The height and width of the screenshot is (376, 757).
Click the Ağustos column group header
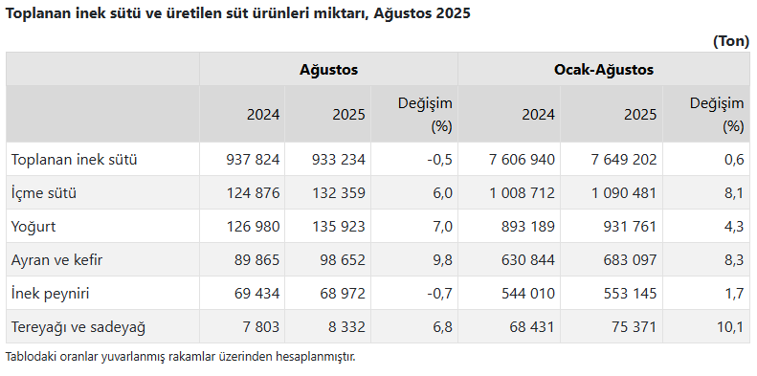coord(329,70)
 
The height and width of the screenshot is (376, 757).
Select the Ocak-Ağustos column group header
coord(604,70)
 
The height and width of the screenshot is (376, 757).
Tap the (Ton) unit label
coord(731,41)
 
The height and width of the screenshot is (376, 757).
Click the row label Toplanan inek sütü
coord(75,159)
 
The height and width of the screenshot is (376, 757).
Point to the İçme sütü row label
coord(44,193)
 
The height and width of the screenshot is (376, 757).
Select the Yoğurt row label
coord(33,227)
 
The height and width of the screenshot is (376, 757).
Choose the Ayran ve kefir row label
coord(57,260)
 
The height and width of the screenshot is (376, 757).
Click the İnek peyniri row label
coord(50,294)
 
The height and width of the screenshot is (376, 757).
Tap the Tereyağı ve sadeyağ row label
coord(78,327)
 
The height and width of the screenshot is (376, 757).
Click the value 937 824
coord(253,159)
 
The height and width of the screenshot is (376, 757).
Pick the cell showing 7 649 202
coord(623,159)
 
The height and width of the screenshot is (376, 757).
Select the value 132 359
coord(339,193)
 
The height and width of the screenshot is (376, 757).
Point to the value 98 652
coord(343,260)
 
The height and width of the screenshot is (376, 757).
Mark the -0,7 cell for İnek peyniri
coord(440,294)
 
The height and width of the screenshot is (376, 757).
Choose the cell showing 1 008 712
coord(522,193)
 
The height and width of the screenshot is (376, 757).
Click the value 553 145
coord(630,294)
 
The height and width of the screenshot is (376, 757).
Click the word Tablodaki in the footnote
coord(23,357)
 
